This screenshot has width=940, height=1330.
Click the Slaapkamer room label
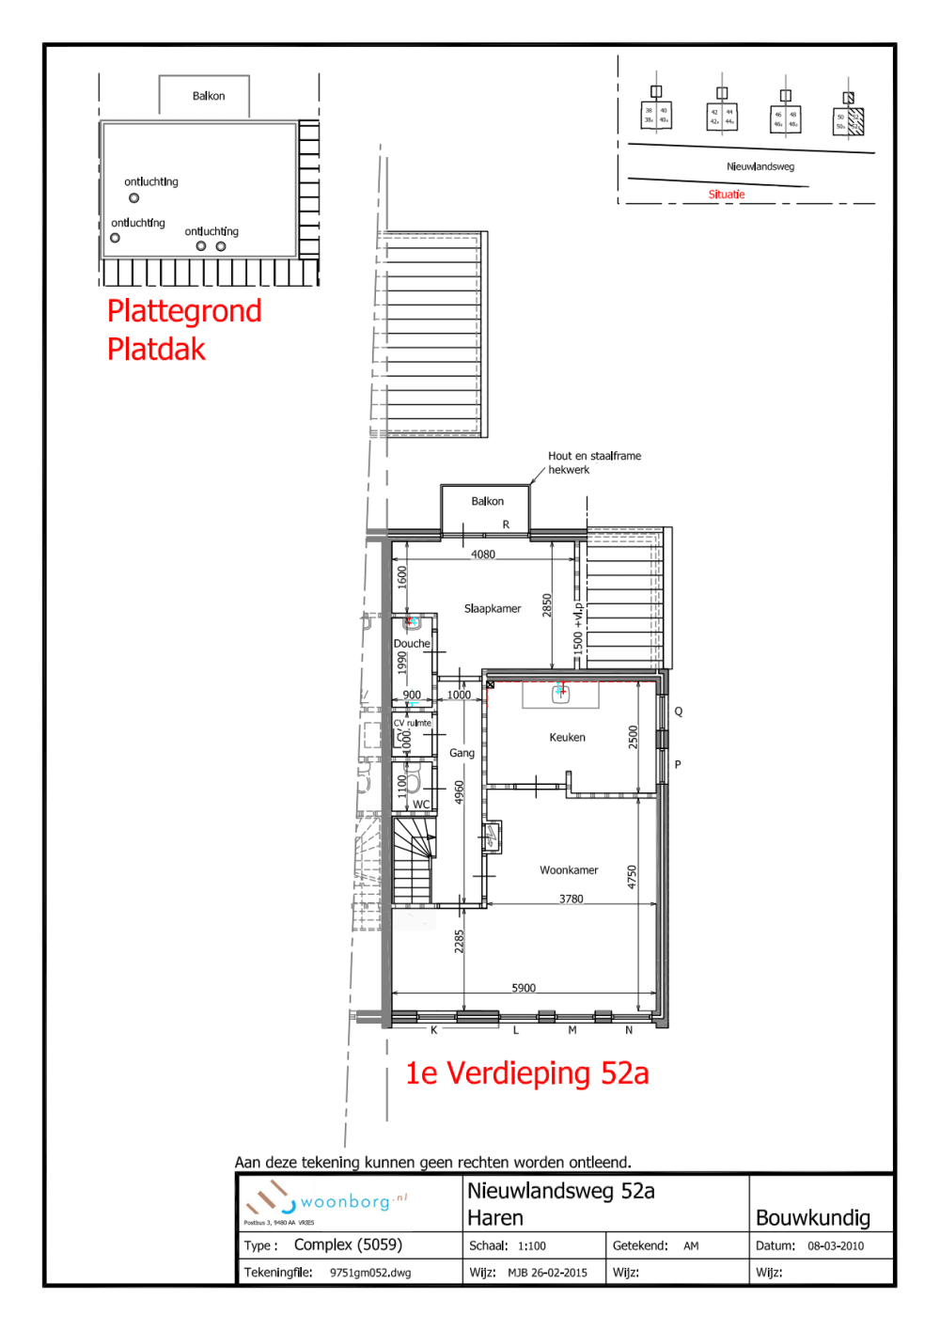[492, 609]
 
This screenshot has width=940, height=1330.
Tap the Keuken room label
[567, 738]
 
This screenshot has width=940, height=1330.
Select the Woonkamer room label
[569, 870]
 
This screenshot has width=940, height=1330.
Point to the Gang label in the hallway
[462, 753]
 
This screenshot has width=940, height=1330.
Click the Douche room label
[412, 644]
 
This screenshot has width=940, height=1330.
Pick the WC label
[421, 805]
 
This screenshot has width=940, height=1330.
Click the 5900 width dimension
[524, 988]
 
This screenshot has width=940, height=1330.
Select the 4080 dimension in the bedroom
[483, 555]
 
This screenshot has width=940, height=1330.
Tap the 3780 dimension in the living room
[572, 900]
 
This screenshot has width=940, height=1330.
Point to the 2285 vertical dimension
[460, 942]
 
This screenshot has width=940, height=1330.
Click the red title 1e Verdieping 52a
[526, 1073]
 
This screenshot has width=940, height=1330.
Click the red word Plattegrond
[184, 311]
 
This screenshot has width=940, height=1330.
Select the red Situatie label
[726, 195]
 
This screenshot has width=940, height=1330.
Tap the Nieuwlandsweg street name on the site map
[760, 166]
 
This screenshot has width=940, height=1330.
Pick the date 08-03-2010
[836, 1246]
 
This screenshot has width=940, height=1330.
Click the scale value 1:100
[531, 1246]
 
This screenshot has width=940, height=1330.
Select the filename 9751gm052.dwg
[370, 1273]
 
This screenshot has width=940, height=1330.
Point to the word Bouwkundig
[812, 1218]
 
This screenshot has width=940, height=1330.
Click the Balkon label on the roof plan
[209, 96]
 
